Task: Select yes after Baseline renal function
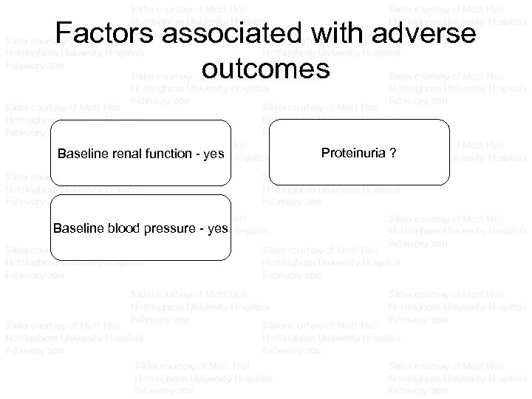tap(214, 154)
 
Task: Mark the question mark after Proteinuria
tap(392, 153)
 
